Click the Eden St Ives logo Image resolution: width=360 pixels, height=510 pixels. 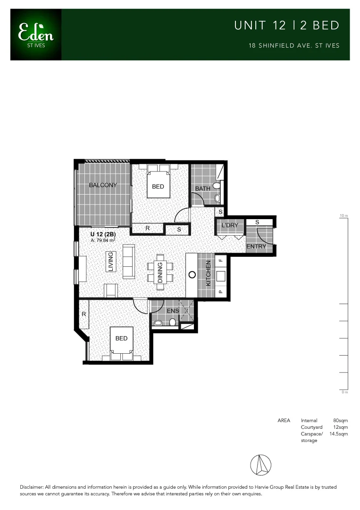pyautogui.click(x=36, y=34)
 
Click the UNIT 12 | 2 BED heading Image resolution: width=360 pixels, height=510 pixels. pyautogui.click(x=287, y=25)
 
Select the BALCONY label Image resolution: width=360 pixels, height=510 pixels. pyautogui.click(x=103, y=185)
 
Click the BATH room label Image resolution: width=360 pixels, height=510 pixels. pyautogui.click(x=203, y=189)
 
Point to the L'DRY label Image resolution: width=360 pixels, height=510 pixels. pyautogui.click(x=230, y=225)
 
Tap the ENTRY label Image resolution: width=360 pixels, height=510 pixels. pyautogui.click(x=257, y=246)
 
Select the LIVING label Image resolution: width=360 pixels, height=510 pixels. pyautogui.click(x=111, y=262)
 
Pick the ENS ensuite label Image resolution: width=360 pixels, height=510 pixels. pyautogui.click(x=172, y=311)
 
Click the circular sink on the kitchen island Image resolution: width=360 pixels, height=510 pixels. pyautogui.click(x=192, y=274)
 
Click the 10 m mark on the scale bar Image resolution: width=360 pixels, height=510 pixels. pyautogui.click(x=343, y=216)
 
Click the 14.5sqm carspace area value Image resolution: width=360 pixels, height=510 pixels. pyautogui.click(x=338, y=433)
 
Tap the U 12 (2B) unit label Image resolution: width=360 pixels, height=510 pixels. pyautogui.click(x=104, y=234)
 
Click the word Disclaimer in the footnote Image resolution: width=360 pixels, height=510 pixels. pyautogui.click(x=32, y=487)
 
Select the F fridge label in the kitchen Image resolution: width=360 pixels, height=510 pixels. pyautogui.click(x=219, y=259)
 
